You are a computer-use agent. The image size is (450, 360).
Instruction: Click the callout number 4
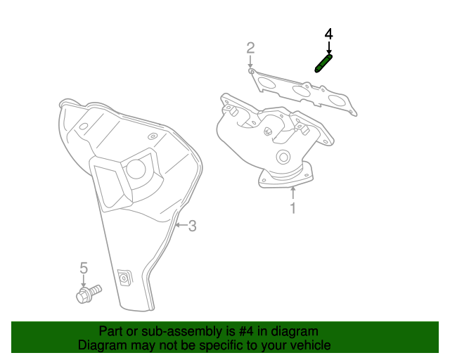[329, 34]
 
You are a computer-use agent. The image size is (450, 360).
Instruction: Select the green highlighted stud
[323, 63]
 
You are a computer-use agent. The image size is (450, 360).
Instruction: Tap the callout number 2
[250, 48]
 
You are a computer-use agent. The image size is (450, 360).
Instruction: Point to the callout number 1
[293, 208]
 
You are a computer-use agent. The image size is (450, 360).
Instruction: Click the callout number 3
[193, 226]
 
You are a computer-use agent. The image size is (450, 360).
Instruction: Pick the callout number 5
[84, 268]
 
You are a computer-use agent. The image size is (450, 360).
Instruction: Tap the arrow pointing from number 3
[181, 225]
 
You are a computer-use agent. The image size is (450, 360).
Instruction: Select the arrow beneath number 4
[329, 47]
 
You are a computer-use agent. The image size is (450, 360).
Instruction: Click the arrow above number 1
[293, 193]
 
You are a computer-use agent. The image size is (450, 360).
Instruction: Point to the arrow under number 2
[250, 62]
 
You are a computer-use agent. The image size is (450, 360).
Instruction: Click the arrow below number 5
[84, 281]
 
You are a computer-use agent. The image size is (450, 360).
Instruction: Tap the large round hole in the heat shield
[136, 169]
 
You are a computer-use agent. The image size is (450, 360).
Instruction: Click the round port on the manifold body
[283, 157]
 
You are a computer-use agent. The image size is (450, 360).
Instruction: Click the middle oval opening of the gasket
[301, 91]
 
